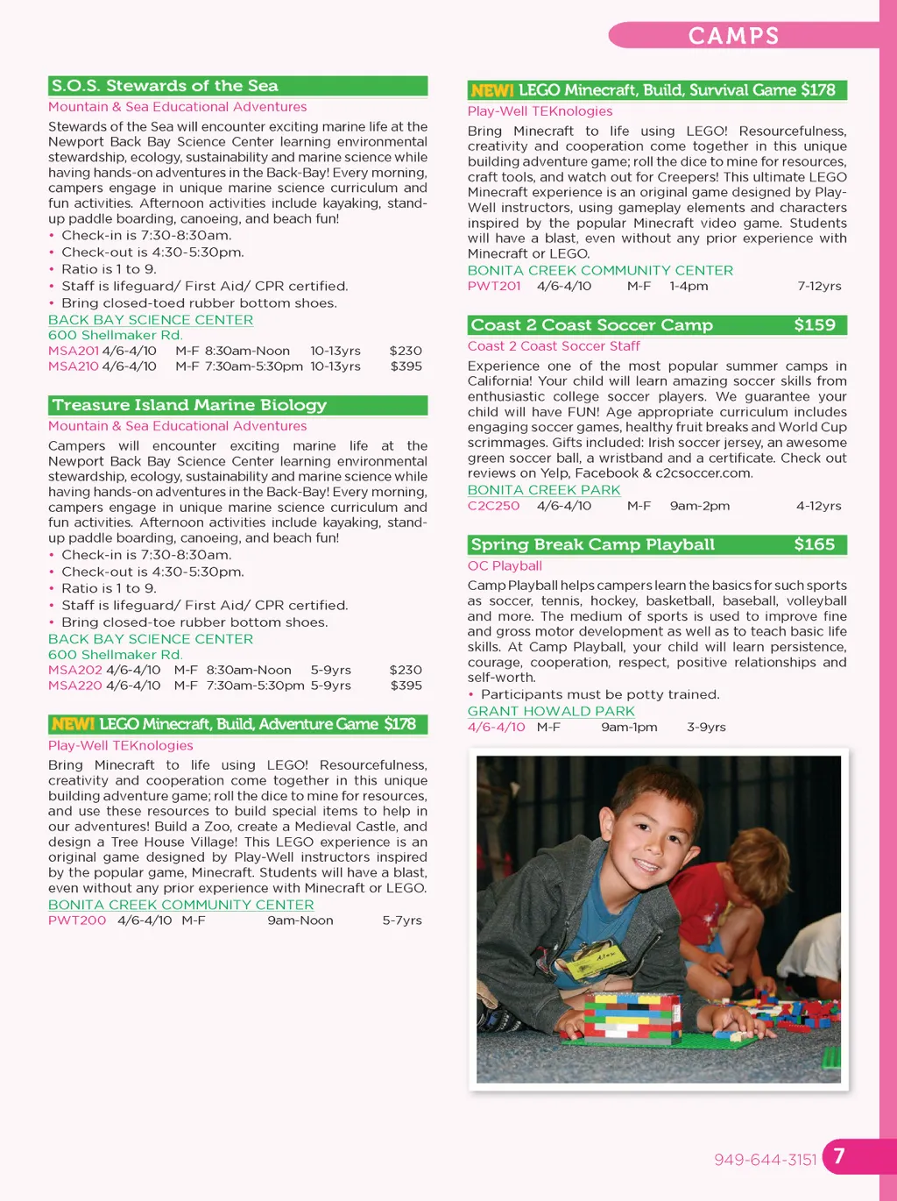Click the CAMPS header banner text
click(x=733, y=36)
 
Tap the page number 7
click(x=839, y=1156)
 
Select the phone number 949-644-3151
click(x=765, y=1160)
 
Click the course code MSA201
click(x=74, y=351)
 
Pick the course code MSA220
click(x=75, y=686)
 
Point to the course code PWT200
click(x=77, y=920)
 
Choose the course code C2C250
click(x=493, y=506)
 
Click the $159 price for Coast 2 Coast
click(x=814, y=325)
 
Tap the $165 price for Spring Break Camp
click(x=814, y=544)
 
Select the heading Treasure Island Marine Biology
click(x=189, y=405)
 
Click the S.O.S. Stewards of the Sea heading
click(x=165, y=86)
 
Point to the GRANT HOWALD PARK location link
click(x=551, y=711)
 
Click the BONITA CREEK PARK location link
click(x=543, y=490)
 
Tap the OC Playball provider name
click(x=505, y=566)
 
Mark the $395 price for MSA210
click(x=406, y=366)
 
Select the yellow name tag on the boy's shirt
click(x=597, y=962)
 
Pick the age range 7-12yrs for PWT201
click(x=819, y=286)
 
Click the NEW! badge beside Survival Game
click(x=491, y=90)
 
